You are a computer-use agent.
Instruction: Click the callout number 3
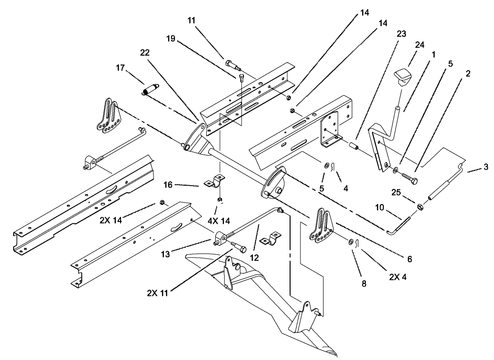point(485,167)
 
